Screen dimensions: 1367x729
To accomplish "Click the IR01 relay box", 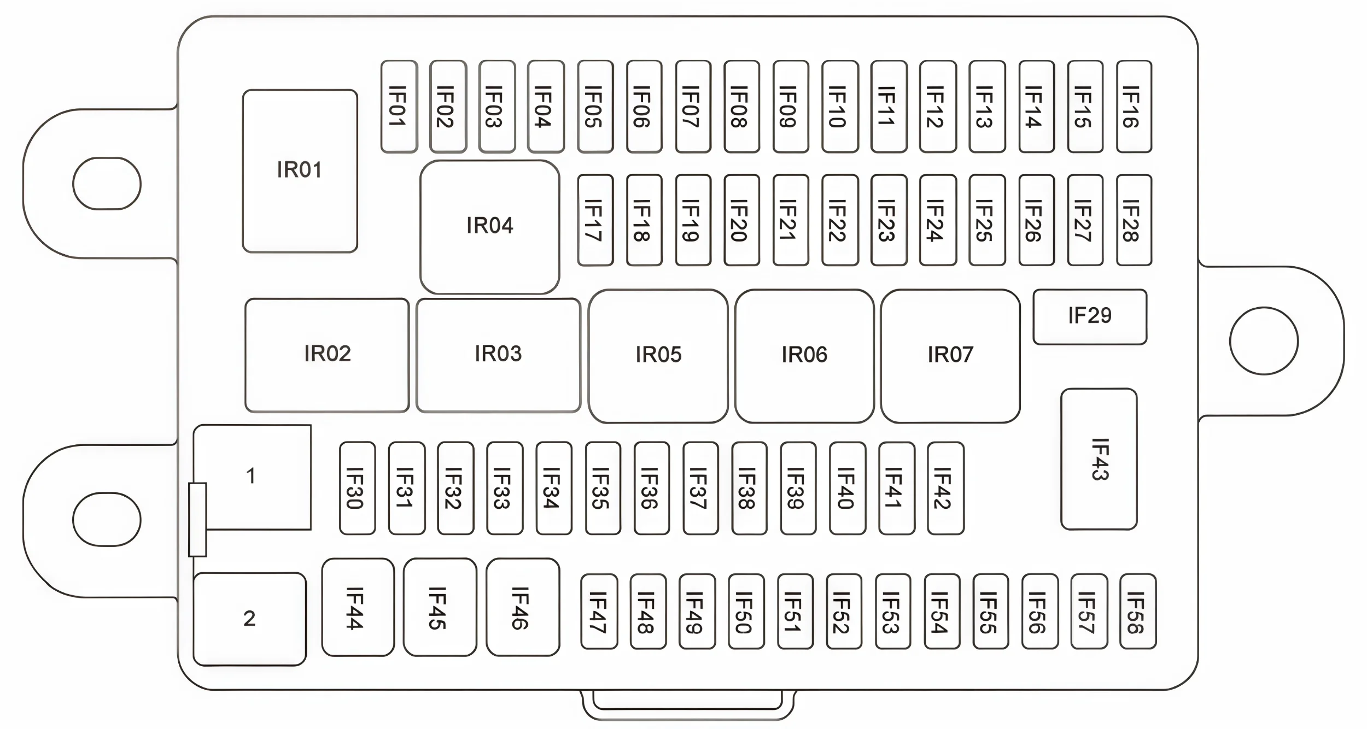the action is [300, 171].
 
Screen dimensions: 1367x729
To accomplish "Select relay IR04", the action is [490, 227].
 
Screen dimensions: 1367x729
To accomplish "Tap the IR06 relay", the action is [804, 356].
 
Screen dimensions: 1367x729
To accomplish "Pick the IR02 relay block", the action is [327, 355].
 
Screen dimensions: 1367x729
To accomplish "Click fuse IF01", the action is [399, 107].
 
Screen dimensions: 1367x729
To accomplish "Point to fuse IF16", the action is [1134, 107].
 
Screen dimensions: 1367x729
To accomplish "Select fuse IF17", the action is [595, 220].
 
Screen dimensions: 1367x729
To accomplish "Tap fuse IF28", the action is [1134, 220].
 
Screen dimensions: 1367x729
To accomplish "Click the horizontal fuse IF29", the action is [1090, 317].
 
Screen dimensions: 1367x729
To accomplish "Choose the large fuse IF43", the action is [1099, 459].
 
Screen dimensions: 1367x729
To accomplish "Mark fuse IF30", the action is [357, 488].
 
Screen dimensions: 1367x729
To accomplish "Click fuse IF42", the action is [945, 488].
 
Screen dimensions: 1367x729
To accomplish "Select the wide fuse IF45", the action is [440, 607].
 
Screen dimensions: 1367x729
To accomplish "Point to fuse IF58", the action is [1138, 612].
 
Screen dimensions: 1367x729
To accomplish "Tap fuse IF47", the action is [599, 612].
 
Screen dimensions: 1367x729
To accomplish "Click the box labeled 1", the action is [252, 477].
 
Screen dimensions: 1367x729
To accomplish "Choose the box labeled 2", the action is [249, 619].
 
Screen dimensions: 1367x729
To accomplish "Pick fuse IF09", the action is [791, 107].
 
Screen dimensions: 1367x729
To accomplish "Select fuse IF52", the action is [844, 612].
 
